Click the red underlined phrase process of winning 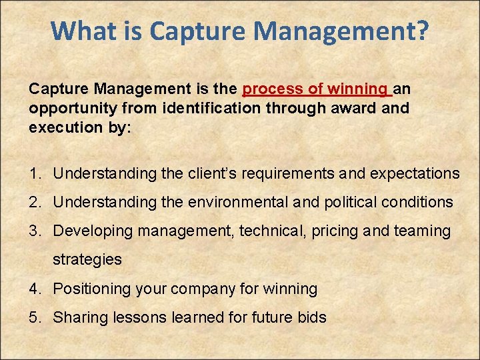coord(317,89)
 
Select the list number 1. coord(34,174)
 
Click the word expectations coord(415,174)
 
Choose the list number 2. coord(34,202)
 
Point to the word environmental coord(226,202)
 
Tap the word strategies coord(87,259)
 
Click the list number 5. coord(34,317)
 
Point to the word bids coord(311,317)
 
